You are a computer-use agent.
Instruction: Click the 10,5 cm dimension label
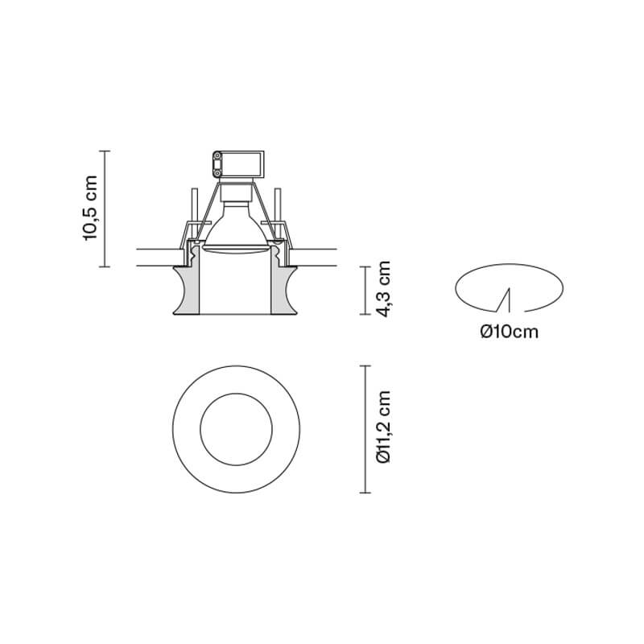[90, 208]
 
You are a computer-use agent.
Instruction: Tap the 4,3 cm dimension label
[384, 289]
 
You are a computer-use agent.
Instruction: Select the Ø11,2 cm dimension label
[384, 427]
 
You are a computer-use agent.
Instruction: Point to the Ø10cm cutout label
[510, 332]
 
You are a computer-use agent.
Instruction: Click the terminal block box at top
[237, 164]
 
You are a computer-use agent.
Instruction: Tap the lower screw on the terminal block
[217, 174]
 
